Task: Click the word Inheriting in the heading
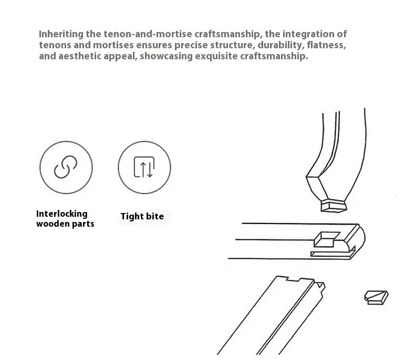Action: tap(61, 34)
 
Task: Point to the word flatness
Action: tap(326, 45)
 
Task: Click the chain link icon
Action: tap(66, 167)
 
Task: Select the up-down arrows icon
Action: tap(144, 167)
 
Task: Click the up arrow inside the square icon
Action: tap(143, 170)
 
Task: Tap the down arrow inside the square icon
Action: tap(150, 167)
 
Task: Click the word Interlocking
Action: tap(62, 214)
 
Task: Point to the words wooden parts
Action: tap(65, 224)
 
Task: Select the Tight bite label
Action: tap(142, 217)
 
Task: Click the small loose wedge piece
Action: tap(376, 298)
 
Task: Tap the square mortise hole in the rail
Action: tap(327, 239)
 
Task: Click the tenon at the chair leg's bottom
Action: tap(334, 206)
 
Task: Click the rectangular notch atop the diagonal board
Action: tap(294, 279)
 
